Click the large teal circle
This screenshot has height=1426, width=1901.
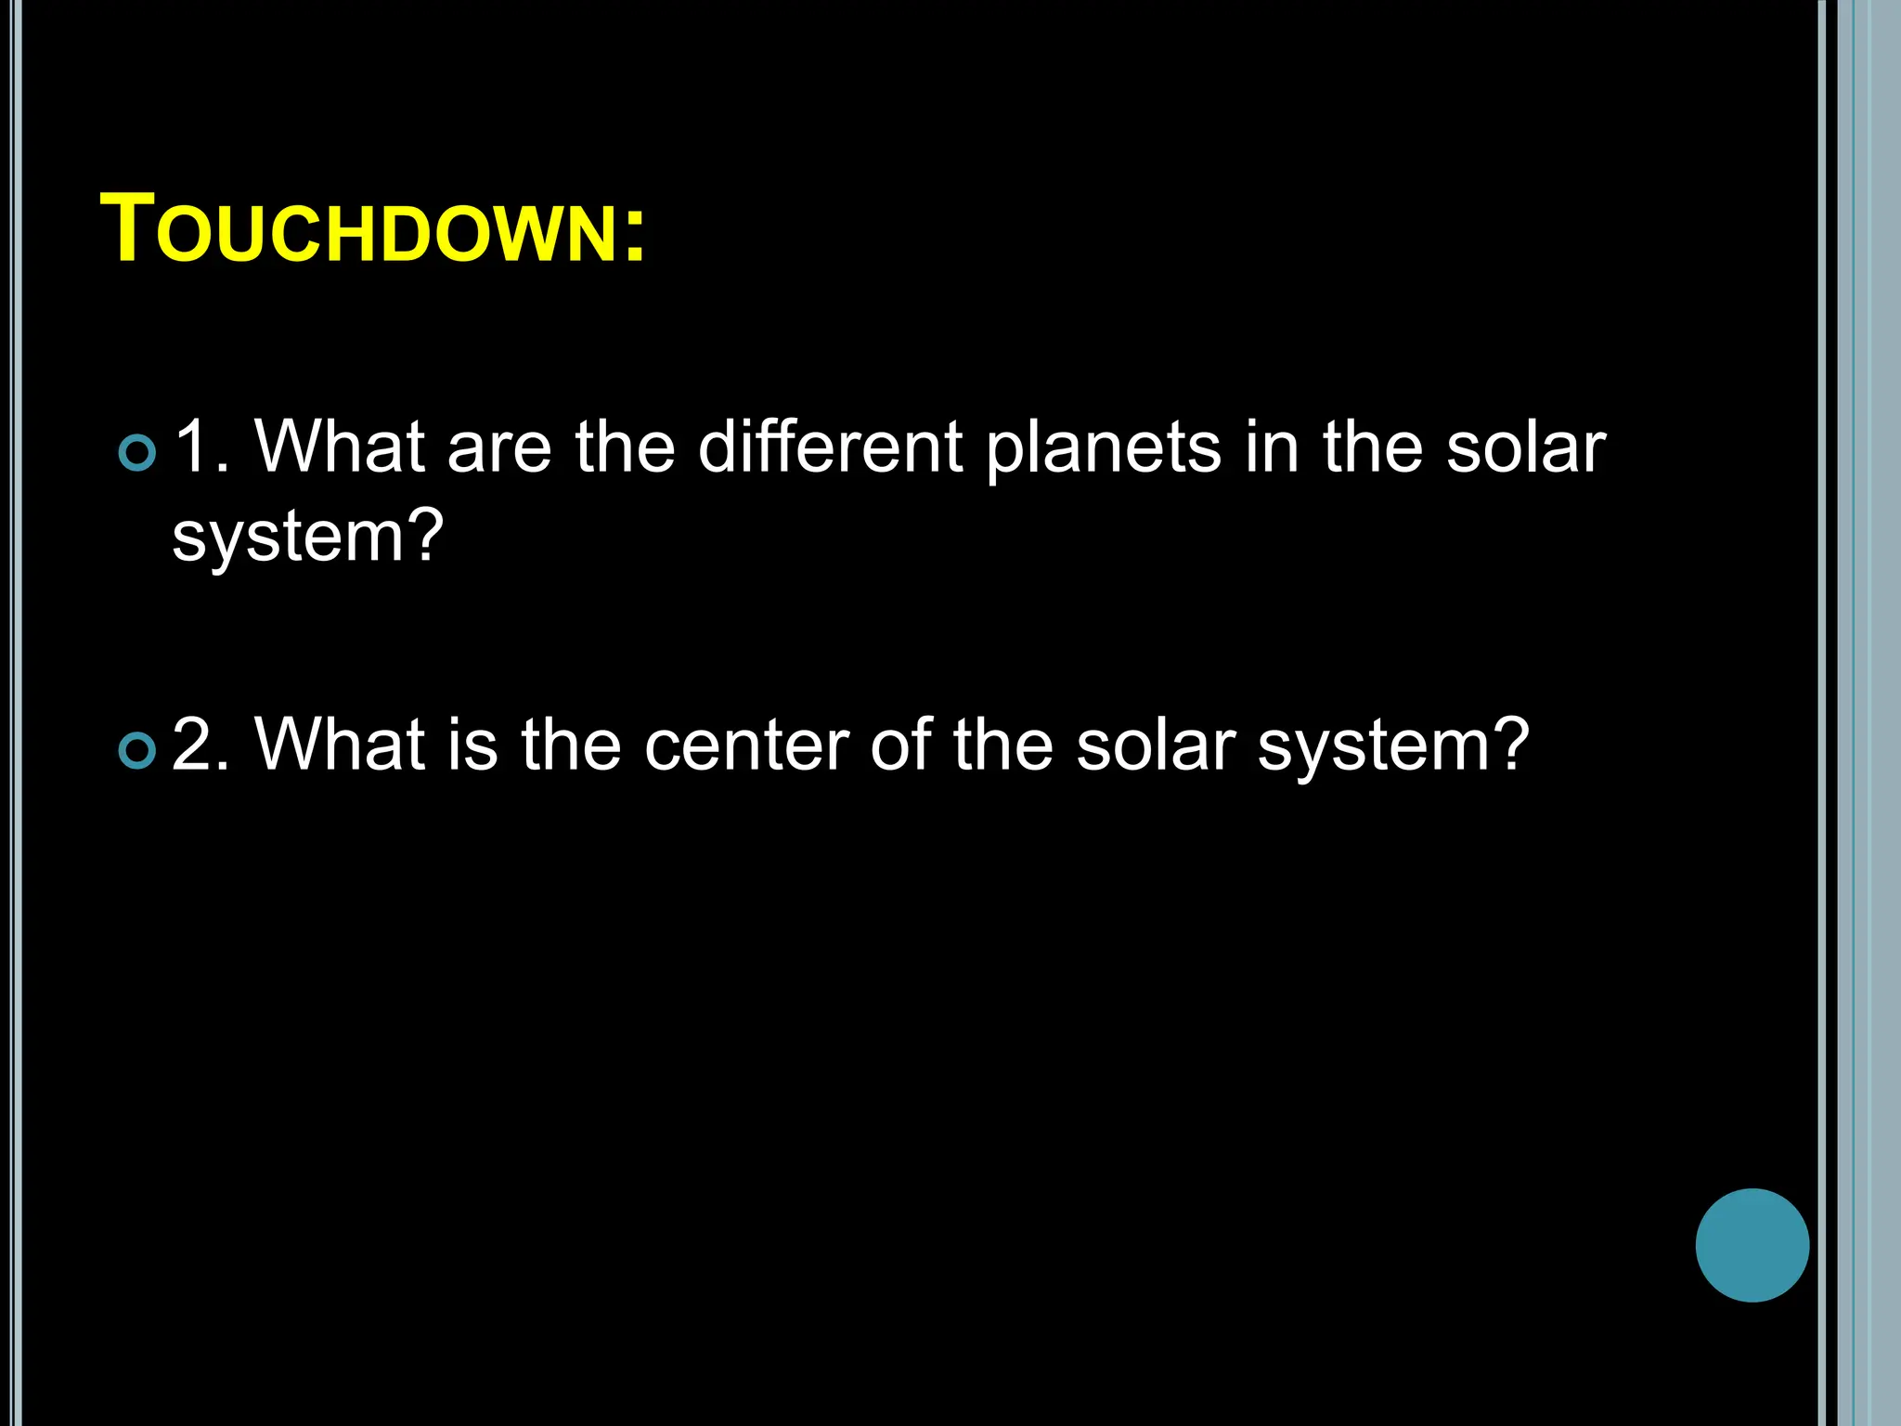[1752, 1245]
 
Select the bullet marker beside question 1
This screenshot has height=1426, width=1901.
[138, 452]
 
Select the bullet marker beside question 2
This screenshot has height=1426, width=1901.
[138, 750]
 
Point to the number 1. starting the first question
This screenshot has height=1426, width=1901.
[201, 447]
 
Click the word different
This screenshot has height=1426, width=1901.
[830, 447]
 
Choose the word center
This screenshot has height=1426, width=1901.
[746, 746]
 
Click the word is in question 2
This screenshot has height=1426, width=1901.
[472, 745]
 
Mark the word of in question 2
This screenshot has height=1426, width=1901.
[900, 745]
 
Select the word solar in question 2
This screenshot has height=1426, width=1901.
[1156, 745]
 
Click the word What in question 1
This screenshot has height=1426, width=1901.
[340, 447]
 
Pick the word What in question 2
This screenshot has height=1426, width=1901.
[340, 745]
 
